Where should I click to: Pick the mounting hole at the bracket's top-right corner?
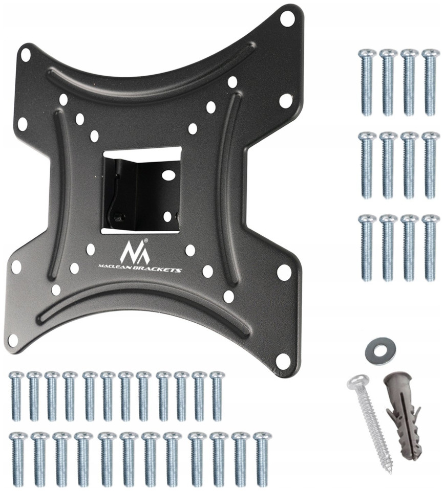point(286,19)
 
